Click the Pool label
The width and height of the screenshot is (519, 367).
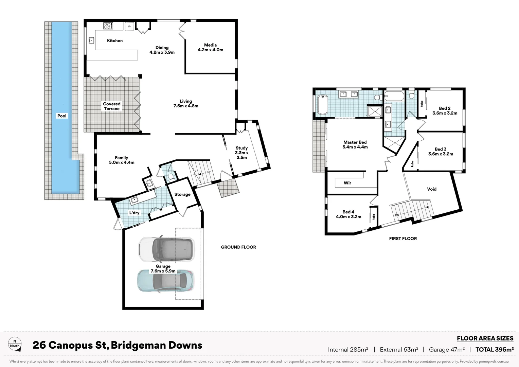(62, 116)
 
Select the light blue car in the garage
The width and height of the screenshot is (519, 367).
(165, 281)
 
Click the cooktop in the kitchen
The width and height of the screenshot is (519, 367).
(108, 26)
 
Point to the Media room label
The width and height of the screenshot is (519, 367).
(210, 47)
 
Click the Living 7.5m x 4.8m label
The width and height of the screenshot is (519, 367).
(186, 104)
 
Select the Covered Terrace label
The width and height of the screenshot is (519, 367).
(112, 106)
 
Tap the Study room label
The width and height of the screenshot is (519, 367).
(241, 153)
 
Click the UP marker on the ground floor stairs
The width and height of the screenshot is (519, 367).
(209, 172)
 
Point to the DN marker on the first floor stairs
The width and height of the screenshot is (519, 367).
(397, 215)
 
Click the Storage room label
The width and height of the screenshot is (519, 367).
(182, 194)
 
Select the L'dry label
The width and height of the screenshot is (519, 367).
(134, 213)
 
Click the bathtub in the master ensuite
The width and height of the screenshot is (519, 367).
(322, 104)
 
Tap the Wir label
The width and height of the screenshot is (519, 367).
(347, 183)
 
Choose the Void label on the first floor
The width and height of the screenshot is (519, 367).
(432, 189)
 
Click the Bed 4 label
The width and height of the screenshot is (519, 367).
(348, 214)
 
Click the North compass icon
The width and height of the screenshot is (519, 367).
(15, 344)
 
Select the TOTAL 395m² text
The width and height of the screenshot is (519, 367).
(494, 349)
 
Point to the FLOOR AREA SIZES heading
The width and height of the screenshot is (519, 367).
(485, 338)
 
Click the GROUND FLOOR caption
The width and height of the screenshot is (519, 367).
(238, 247)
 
